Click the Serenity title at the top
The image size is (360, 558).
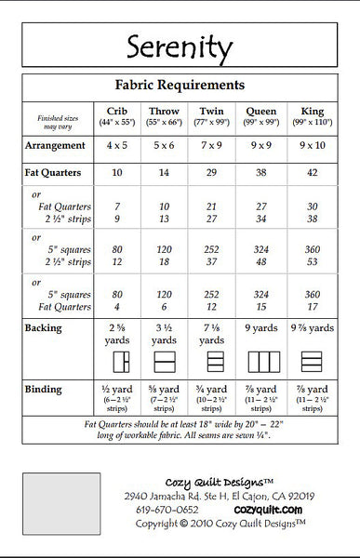180,46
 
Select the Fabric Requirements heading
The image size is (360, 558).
180,84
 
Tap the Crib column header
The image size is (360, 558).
117,111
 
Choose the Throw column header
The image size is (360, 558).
164,111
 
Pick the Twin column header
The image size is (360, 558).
212,111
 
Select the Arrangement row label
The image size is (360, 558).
56,146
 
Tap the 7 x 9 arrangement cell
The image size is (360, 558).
212,146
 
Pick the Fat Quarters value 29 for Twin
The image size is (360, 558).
212,173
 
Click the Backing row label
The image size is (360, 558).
44,328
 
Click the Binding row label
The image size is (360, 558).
44,390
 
